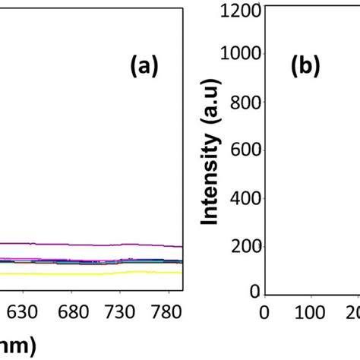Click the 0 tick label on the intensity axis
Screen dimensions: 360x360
pos(254,292)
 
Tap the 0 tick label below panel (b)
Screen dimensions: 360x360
pos(264,312)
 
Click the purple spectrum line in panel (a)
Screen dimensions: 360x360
pos(91,244)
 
